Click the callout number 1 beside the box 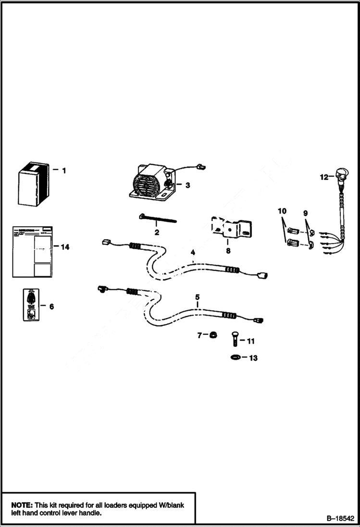point(64,170)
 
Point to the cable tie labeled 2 point(157,220)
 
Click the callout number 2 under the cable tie point(157,233)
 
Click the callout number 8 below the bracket point(228,250)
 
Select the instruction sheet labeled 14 point(32,251)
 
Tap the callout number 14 point(65,247)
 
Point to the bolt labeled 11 point(234,339)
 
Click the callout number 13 point(253,358)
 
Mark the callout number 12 point(324,177)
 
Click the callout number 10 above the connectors point(282,211)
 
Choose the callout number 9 point(305,212)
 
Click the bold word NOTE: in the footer point(22,505)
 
